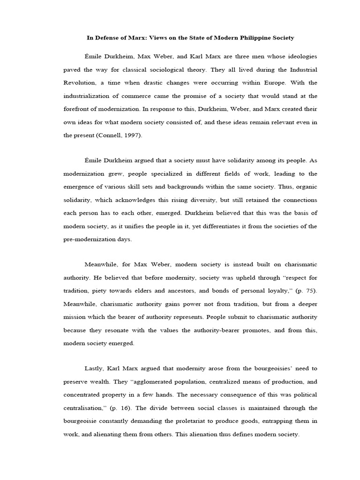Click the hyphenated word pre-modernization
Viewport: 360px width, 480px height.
(x=89, y=239)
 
